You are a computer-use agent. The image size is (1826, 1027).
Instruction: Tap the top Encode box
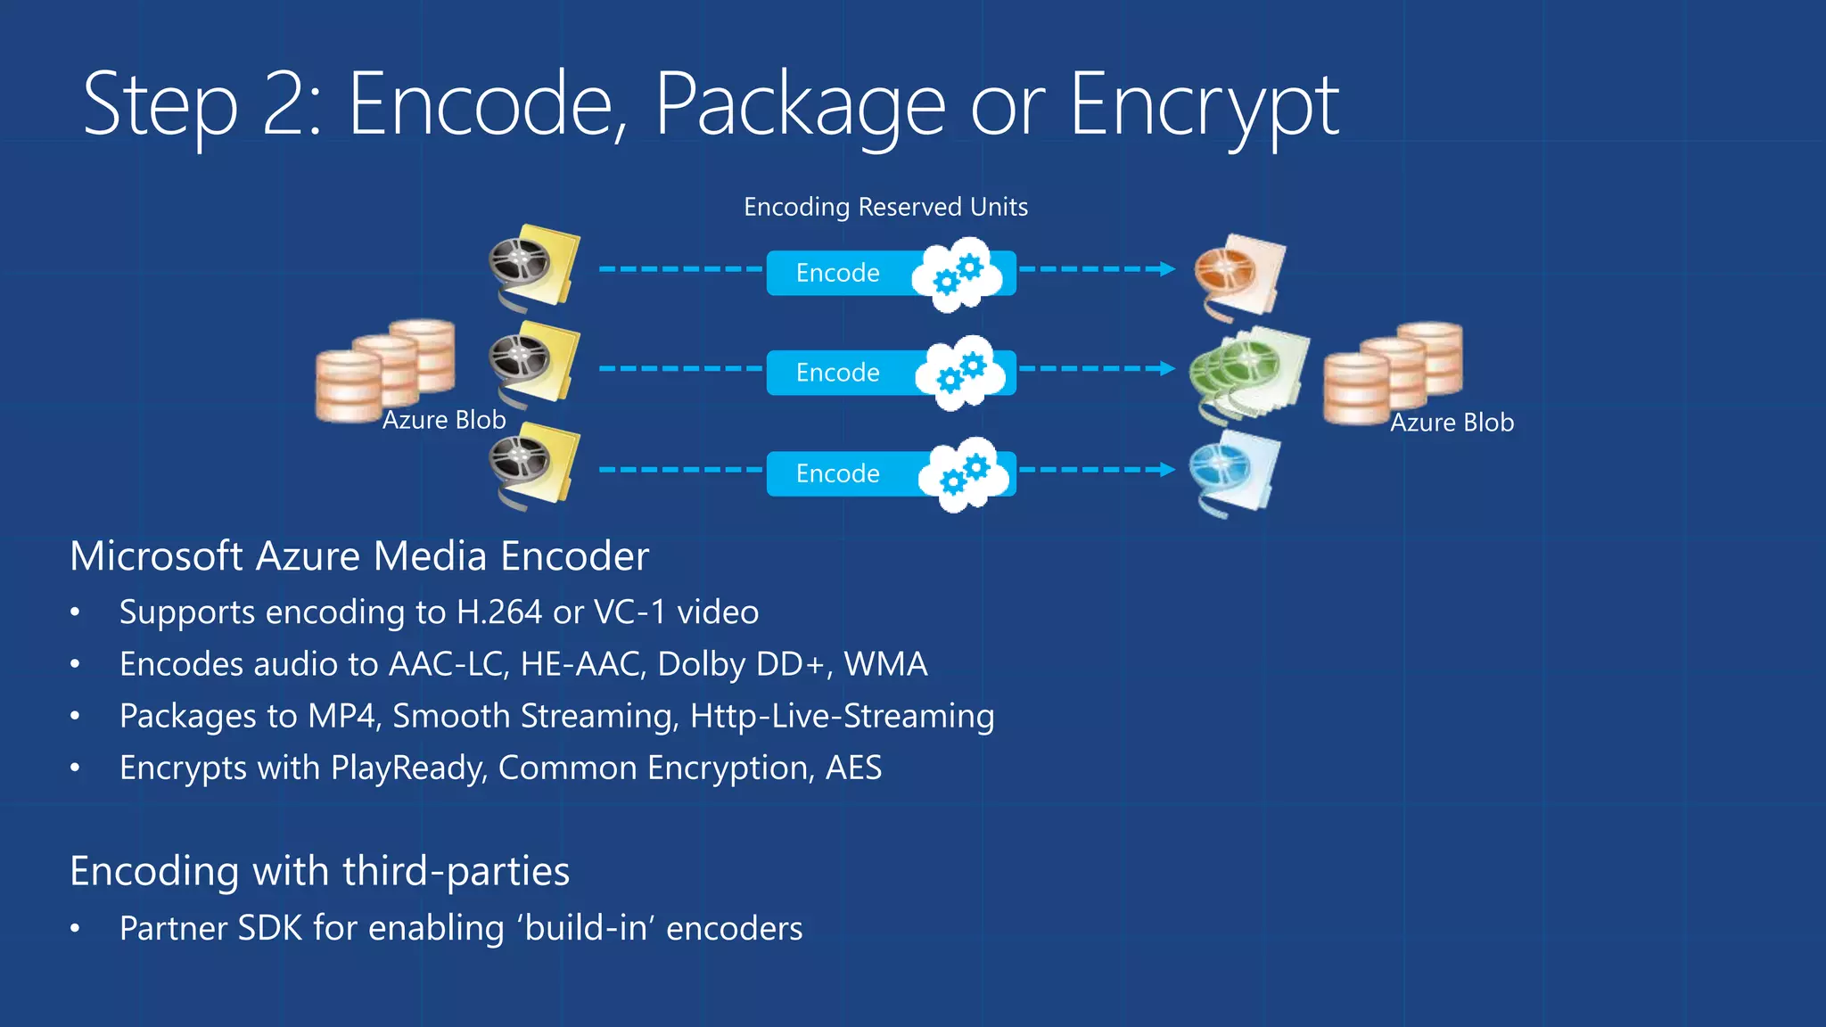[838, 273]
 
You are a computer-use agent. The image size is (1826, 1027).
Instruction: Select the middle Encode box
[838, 373]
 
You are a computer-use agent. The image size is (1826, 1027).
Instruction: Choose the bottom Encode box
[838, 473]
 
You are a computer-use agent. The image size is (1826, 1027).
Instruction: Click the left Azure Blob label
[443, 420]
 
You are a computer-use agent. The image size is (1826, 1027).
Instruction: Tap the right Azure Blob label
[1452, 423]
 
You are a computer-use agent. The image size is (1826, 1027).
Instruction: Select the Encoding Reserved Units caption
[885, 207]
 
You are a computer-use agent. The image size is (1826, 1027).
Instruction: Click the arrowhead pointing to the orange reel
[1166, 269]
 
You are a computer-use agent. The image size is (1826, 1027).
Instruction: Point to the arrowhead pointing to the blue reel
[1166, 470]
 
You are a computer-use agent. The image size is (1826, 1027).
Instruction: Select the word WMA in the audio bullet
[885, 664]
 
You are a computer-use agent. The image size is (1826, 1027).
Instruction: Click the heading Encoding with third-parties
[319, 871]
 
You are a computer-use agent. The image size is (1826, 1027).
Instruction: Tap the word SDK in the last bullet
[269, 928]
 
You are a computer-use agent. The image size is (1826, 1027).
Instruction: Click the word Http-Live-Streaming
[842, 716]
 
